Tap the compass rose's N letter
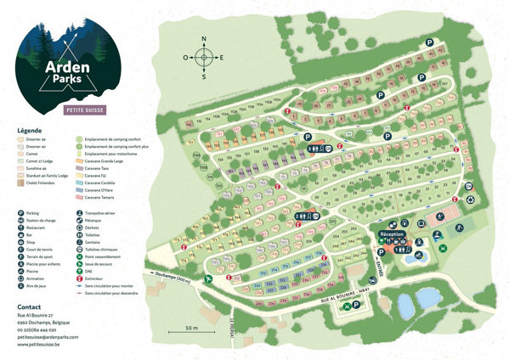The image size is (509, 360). pyautogui.click(x=203, y=39)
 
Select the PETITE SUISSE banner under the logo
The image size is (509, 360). pyautogui.click(x=71, y=110)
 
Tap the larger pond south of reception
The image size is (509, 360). pyautogui.click(x=427, y=299)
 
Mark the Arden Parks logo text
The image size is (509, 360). pyautogui.click(x=70, y=71)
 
